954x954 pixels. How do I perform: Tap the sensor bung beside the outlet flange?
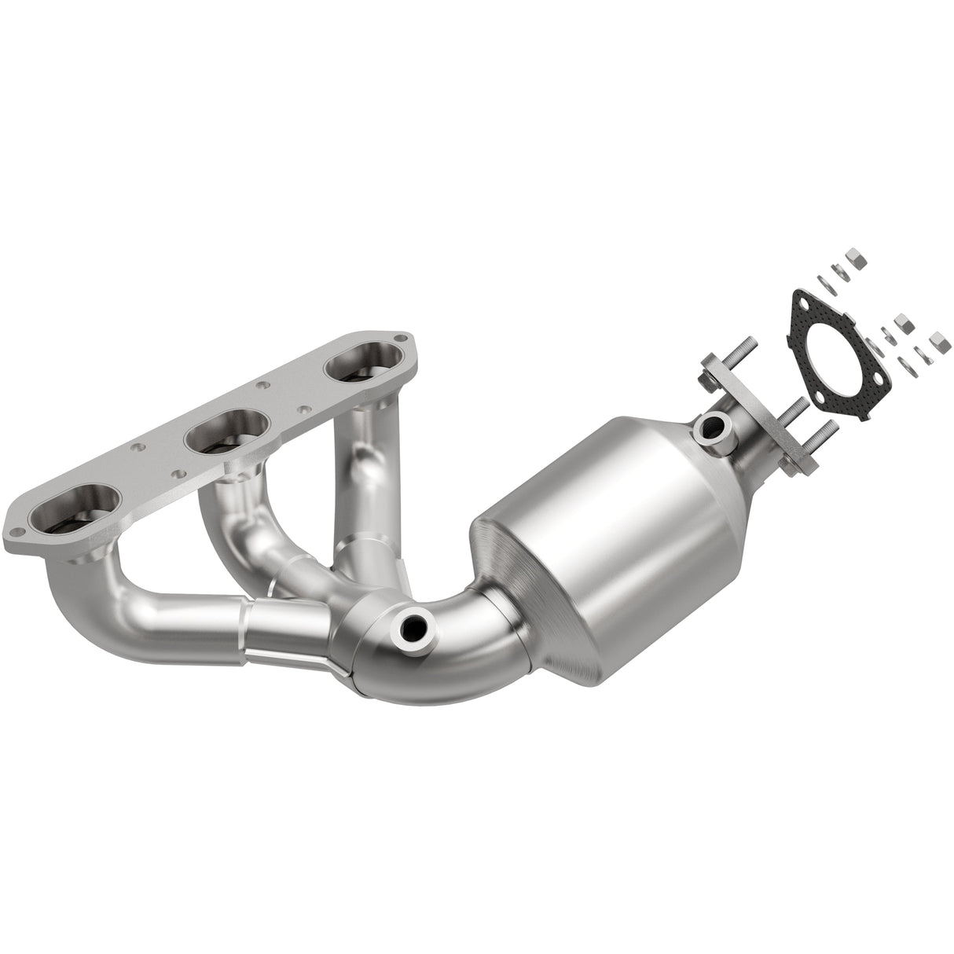coord(710,428)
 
